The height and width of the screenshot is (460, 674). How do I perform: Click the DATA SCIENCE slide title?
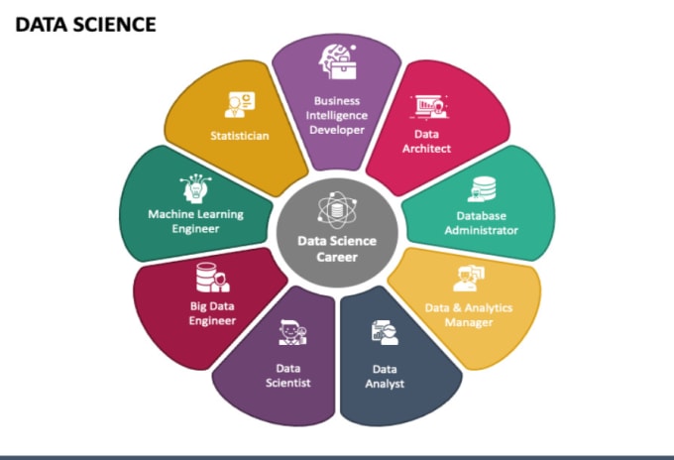(85, 25)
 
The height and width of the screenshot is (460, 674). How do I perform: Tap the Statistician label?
(240, 136)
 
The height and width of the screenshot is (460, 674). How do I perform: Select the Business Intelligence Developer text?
(337, 115)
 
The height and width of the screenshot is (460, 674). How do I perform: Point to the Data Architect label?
(426, 141)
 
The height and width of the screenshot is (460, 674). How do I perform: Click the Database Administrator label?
(481, 223)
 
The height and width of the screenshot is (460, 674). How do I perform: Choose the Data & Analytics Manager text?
(469, 314)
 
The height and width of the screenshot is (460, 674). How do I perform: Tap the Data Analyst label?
(385, 376)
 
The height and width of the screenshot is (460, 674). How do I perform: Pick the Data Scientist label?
(288, 376)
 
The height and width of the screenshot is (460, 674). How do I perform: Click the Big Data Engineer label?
(212, 313)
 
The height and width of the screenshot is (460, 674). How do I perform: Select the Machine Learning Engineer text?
(195, 221)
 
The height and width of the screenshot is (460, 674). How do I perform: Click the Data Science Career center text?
(337, 249)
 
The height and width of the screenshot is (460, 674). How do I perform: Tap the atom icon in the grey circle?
(337, 210)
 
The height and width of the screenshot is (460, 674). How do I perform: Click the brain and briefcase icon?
(338, 61)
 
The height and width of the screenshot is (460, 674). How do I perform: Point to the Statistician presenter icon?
(240, 104)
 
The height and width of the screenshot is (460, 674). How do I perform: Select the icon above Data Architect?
(429, 107)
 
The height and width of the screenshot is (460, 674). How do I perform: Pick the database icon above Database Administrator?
(482, 189)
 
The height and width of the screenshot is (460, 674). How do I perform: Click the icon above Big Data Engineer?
(213, 278)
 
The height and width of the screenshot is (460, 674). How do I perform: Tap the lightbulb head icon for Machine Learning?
(195, 187)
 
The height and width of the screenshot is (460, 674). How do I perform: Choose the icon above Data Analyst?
(386, 332)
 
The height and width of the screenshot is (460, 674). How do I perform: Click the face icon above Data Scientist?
(292, 332)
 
